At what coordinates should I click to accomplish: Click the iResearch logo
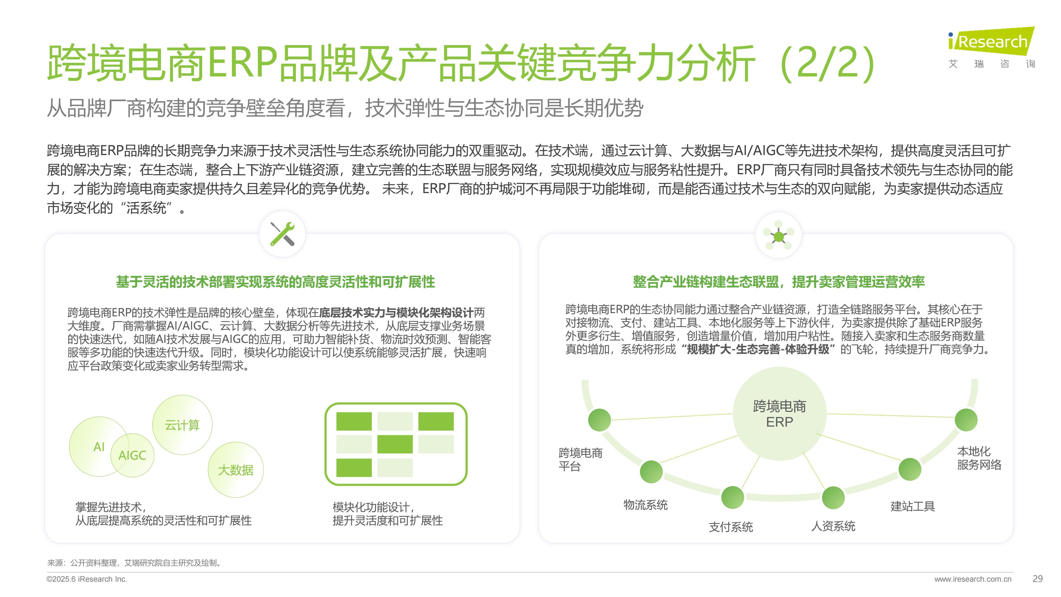click(x=992, y=47)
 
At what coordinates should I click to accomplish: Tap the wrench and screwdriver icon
click(x=282, y=234)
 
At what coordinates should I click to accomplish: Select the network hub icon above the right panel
click(x=778, y=236)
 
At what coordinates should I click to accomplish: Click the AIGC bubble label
click(x=132, y=455)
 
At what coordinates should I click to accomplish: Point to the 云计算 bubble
click(x=182, y=425)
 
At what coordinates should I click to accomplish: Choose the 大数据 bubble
click(x=235, y=470)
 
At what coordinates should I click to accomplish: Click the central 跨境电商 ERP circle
click(x=779, y=414)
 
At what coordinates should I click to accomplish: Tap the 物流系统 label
click(x=645, y=505)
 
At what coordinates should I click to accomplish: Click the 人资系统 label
click(x=833, y=526)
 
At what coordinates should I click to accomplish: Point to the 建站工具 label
click(x=913, y=506)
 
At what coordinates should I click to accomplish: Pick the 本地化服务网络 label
click(x=979, y=458)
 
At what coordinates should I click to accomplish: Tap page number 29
click(x=1037, y=579)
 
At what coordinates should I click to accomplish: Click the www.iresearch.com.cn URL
click(x=973, y=579)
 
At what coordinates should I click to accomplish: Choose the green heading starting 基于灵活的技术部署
click(x=276, y=282)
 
